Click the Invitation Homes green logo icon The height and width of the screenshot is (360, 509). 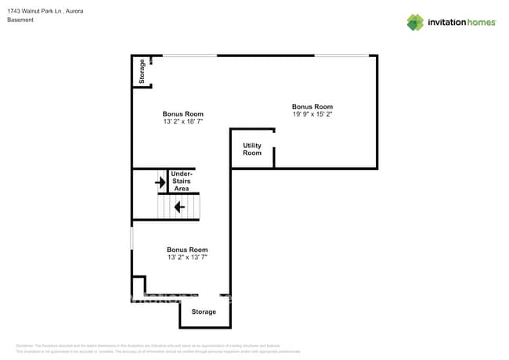pyautogui.click(x=414, y=22)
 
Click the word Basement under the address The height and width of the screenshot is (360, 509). pyautogui.click(x=20, y=20)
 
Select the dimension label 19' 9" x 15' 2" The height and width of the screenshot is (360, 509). pyautogui.click(x=312, y=114)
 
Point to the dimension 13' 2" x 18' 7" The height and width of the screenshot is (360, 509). pyautogui.click(x=183, y=122)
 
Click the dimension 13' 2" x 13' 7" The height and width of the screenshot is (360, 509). pyautogui.click(x=187, y=257)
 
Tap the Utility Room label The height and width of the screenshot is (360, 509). pyautogui.click(x=252, y=149)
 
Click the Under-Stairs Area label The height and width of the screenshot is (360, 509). pyautogui.click(x=182, y=181)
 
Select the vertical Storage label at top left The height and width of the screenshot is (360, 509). pyautogui.click(x=142, y=72)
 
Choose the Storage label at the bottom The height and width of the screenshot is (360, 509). pyautogui.click(x=204, y=312)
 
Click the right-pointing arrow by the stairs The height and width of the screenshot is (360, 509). pyautogui.click(x=161, y=183)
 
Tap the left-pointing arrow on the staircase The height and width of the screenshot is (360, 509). pyautogui.click(x=179, y=207)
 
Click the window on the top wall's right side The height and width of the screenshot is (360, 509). pyautogui.click(x=341, y=56)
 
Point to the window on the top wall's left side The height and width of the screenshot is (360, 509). pyautogui.click(x=190, y=56)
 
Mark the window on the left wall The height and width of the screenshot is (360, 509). pyautogui.click(x=132, y=238)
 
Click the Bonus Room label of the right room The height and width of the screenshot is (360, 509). pyautogui.click(x=312, y=106)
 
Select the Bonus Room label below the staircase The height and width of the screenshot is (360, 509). pyautogui.click(x=187, y=250)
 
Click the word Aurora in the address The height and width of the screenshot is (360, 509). pyautogui.click(x=74, y=11)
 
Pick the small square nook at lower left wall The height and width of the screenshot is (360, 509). pyautogui.click(x=139, y=286)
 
